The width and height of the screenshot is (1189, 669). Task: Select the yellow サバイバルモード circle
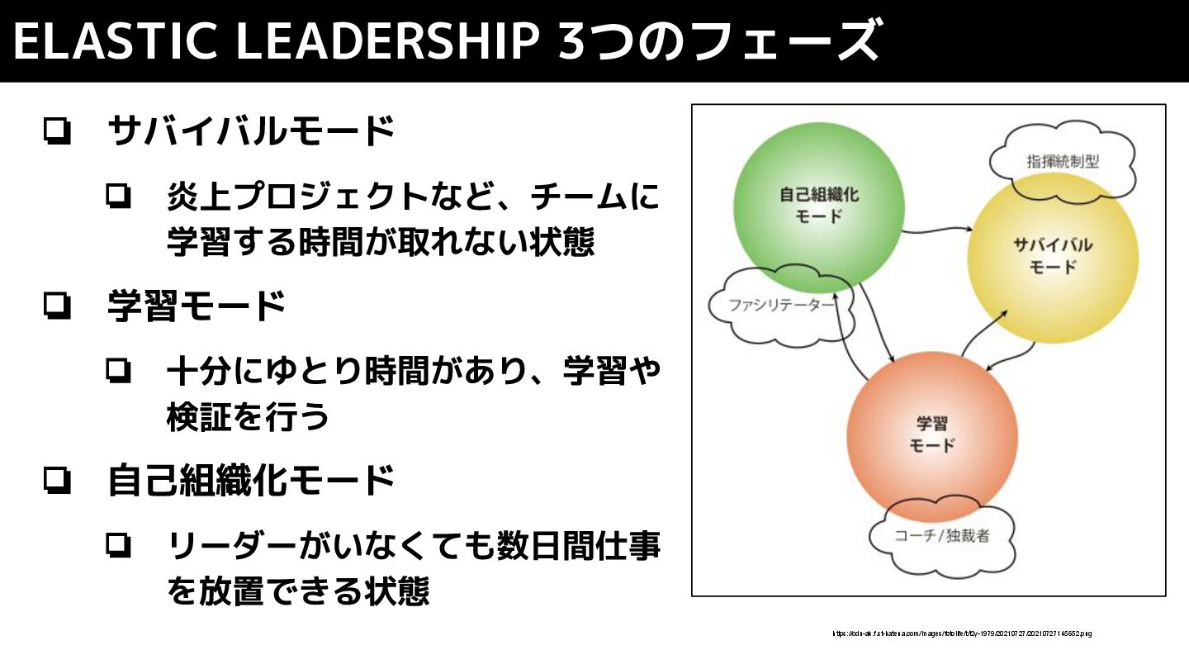[1053, 256]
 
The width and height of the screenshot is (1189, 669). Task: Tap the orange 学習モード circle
[931, 434]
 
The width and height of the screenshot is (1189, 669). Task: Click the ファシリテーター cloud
[772, 306]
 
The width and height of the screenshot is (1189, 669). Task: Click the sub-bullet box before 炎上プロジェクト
[118, 196]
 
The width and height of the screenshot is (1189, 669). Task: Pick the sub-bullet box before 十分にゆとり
[118, 371]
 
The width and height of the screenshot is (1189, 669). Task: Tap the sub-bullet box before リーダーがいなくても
[118, 545]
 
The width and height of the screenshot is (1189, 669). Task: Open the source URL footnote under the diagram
[962, 633]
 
